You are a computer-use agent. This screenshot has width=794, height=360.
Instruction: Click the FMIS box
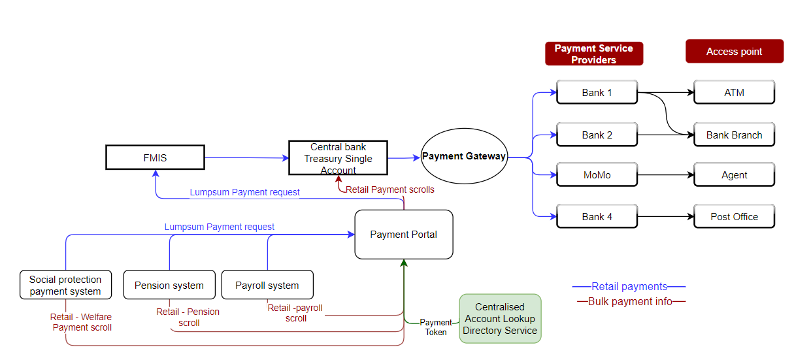pos(155,157)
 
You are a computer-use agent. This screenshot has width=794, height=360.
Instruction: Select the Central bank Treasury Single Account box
pos(338,158)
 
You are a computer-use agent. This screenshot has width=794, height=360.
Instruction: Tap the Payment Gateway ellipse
pos(464,156)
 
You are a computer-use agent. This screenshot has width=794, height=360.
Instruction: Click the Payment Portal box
pos(403,234)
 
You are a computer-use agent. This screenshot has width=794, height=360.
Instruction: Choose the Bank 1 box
pos(597,92)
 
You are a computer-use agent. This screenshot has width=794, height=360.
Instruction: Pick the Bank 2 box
pos(597,135)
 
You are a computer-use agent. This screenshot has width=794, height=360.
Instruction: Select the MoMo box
pos(597,175)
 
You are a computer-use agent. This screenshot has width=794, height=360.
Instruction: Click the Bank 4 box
pos(597,216)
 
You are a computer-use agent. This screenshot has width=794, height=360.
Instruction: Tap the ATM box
pos(734,92)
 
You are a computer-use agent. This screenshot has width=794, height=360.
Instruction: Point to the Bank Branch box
pos(734,135)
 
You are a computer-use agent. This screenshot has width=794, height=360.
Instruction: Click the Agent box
pos(734,175)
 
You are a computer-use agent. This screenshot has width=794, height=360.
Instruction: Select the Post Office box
pos(734,216)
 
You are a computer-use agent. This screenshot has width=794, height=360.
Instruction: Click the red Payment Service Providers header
pos(593,54)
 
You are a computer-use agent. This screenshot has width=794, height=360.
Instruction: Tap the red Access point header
pos(734,52)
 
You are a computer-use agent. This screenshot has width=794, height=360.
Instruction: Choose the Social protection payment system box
pos(65,285)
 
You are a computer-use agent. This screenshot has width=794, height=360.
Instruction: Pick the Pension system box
pos(169,285)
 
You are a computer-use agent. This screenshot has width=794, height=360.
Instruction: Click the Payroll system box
pos(267,285)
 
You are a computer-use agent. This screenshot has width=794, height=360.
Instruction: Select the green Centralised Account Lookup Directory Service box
pos(500,319)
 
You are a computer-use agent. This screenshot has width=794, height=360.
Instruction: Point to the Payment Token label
pos(435,327)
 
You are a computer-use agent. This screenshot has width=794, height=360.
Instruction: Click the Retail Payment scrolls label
pos(389,189)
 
